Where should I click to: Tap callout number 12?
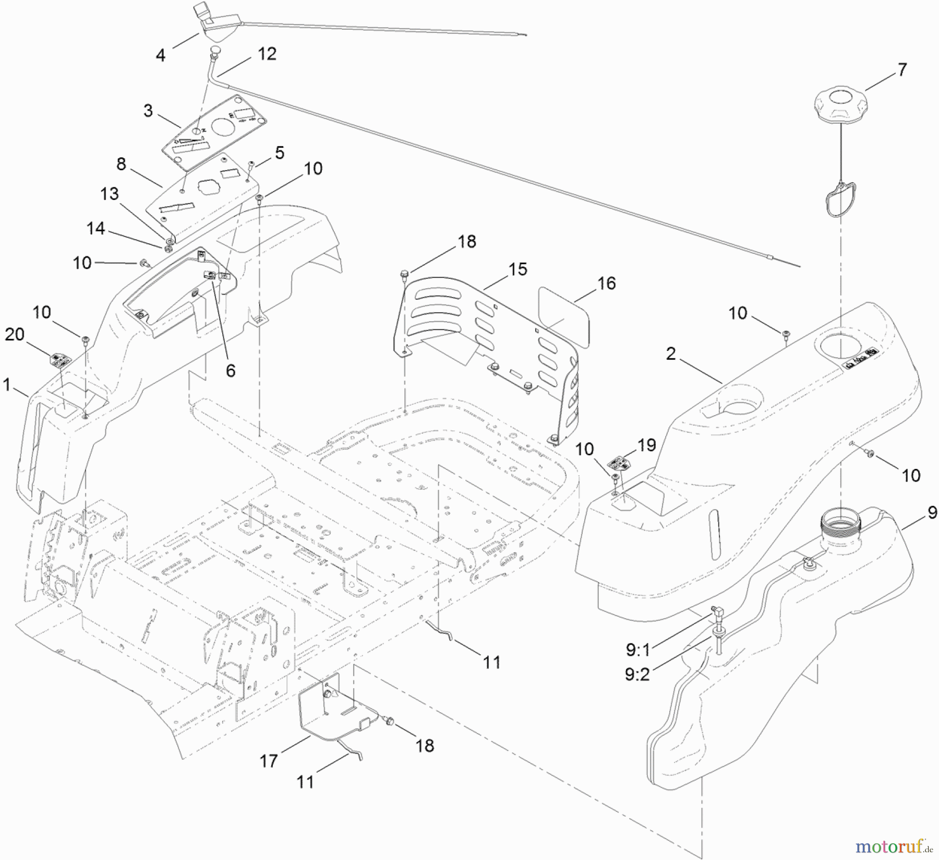click(267, 54)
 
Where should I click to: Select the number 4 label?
click(161, 55)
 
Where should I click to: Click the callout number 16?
click(607, 283)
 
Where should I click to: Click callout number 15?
click(518, 269)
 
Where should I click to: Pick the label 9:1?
click(638, 650)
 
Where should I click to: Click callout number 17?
click(269, 761)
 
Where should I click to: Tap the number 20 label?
click(15, 334)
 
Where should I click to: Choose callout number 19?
click(646, 445)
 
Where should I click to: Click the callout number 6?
click(231, 370)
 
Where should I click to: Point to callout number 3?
click(148, 111)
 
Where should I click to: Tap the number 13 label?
click(110, 194)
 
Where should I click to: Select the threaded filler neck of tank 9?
click(840, 523)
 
